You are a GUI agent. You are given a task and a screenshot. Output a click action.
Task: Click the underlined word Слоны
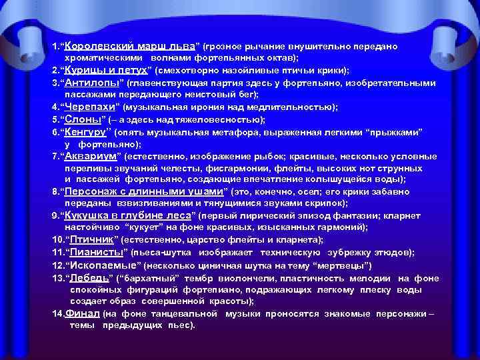coord(81,119)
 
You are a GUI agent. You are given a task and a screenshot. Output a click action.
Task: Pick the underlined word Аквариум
coord(91,156)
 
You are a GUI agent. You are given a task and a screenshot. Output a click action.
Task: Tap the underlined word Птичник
coord(89,240)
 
